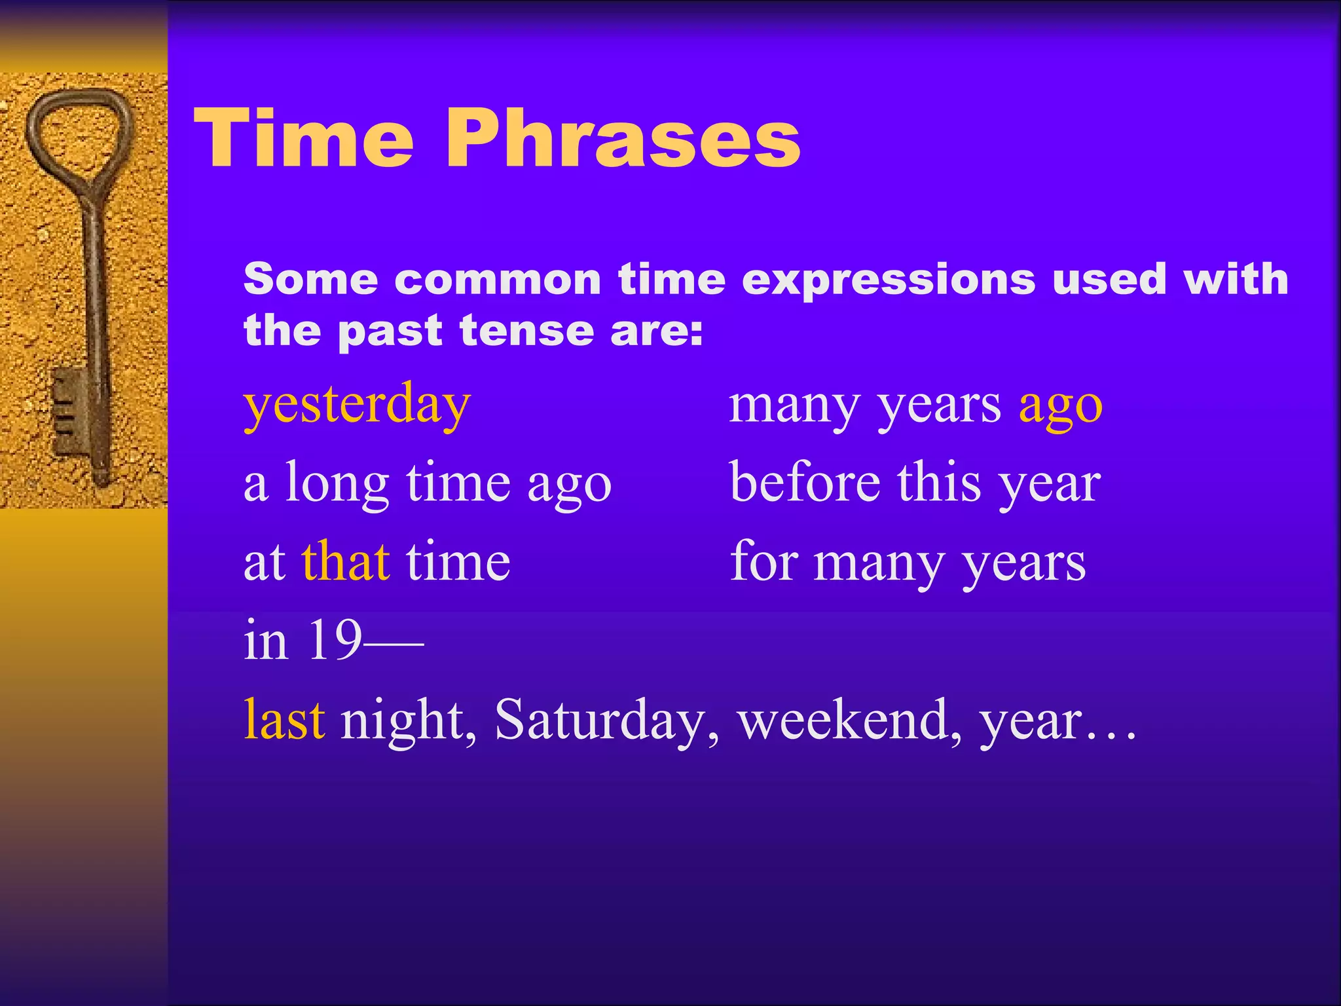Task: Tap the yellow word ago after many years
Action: [1060, 406]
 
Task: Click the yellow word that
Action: [346, 562]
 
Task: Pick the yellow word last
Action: [284, 720]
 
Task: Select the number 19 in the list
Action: [334, 640]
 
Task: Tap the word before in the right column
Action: [805, 483]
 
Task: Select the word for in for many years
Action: [762, 562]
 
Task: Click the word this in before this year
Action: [939, 483]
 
